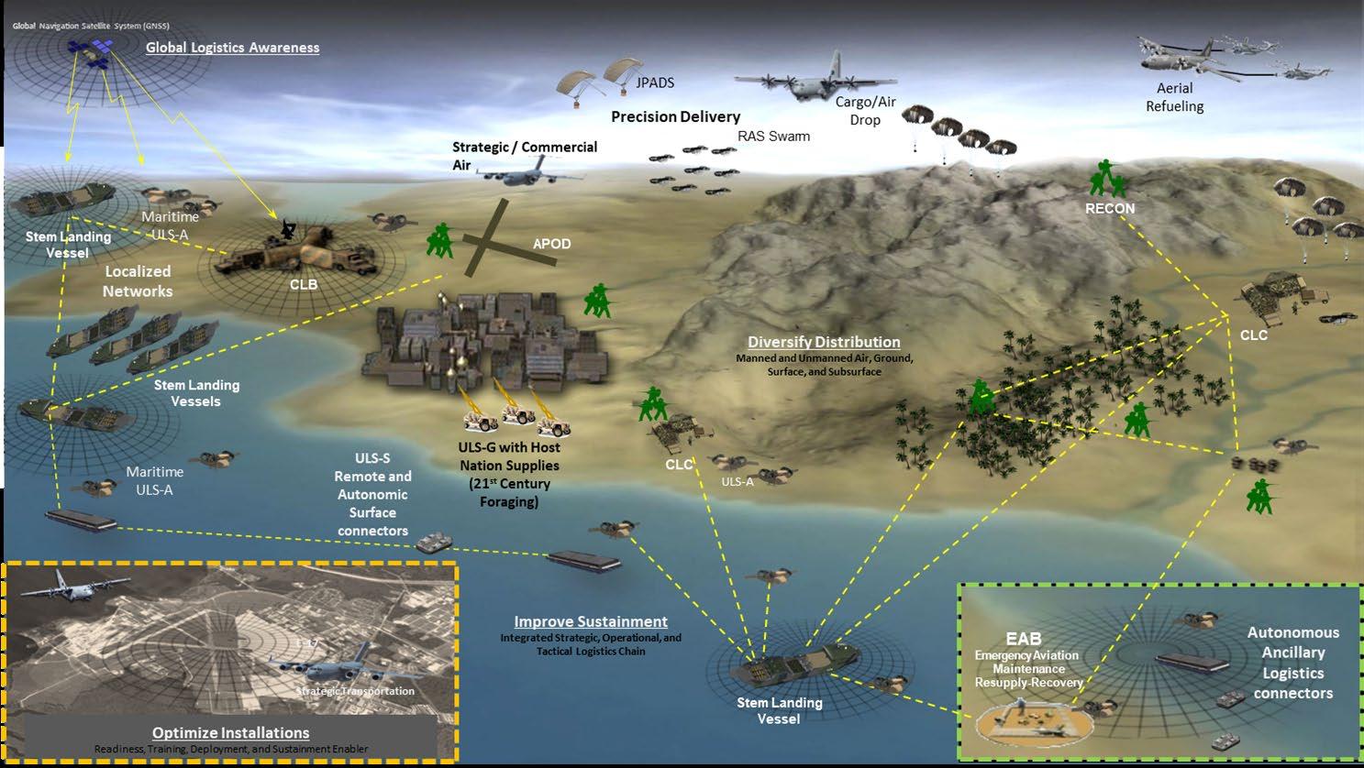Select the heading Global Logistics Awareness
232,47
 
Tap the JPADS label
655,82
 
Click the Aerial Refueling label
1174,97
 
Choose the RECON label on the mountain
1110,208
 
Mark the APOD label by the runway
551,244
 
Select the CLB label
303,284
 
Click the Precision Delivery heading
675,116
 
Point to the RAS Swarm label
773,137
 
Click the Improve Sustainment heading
591,621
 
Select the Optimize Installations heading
230,732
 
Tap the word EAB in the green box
1023,639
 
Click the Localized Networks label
138,281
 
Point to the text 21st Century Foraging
509,492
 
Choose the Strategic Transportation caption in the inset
355,691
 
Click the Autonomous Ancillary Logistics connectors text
1292,663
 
